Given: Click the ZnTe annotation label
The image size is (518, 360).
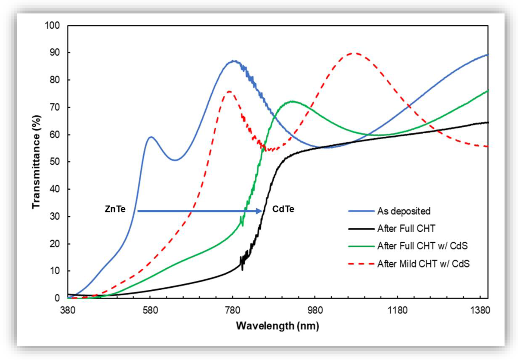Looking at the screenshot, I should click(x=114, y=209).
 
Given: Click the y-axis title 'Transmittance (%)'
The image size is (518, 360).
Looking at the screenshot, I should click(x=37, y=161).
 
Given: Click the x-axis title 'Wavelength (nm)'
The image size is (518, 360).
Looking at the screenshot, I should click(x=277, y=326).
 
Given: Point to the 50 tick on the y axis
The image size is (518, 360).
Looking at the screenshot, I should click(x=55, y=162).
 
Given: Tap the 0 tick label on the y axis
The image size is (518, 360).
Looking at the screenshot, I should click(x=58, y=298).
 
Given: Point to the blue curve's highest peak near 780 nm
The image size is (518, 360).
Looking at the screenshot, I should click(x=234, y=61).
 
